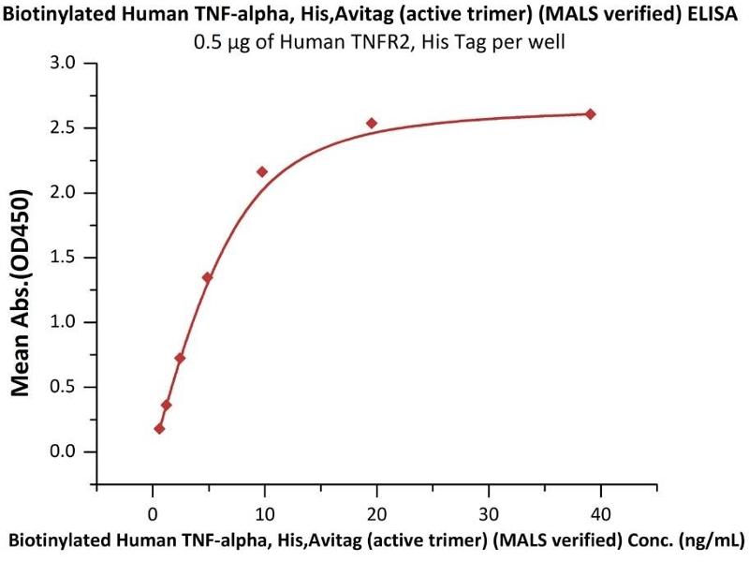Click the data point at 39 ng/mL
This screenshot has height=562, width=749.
[x=590, y=114]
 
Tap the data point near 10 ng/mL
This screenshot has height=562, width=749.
[x=262, y=171]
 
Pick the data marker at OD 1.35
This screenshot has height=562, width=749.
[x=207, y=277]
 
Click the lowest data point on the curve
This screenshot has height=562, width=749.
[x=159, y=428]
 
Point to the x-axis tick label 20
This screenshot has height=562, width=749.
[x=376, y=512]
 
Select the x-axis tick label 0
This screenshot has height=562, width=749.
[x=153, y=512]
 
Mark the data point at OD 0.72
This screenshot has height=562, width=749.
[x=180, y=358]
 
